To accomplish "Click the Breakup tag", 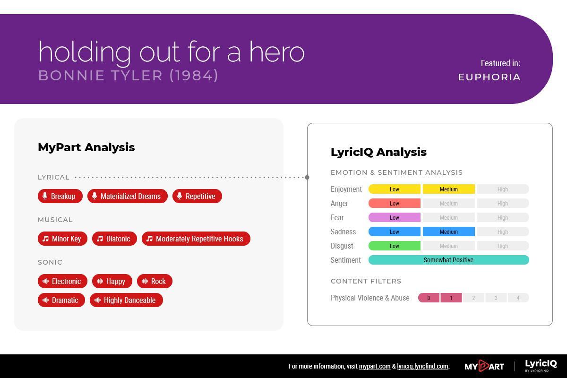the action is coord(60,196).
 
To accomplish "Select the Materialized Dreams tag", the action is coord(127,196).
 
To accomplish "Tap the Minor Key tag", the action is coord(62,239).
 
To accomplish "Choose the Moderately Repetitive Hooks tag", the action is coord(196,239).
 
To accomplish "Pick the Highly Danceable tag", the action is coord(126,300).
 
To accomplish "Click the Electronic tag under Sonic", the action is coord(62,281).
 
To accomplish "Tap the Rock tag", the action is coord(155,281).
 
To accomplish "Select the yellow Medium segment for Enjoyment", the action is coord(449,189).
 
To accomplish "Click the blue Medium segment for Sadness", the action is coord(449,232).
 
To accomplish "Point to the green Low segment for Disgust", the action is coord(395,246).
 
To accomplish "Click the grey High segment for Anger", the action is coord(503,203).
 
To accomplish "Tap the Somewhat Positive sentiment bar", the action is coord(449,260).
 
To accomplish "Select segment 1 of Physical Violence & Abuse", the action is coord(451,298).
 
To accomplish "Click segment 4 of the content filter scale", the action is coord(518,298).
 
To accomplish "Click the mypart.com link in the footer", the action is coord(375,366).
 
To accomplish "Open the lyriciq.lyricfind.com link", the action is coord(422,366).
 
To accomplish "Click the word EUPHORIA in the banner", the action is coord(490,77).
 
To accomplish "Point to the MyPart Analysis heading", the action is coord(86,147).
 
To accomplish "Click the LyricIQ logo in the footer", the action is coord(541,365).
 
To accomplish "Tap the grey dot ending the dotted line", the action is coord(307,177).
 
